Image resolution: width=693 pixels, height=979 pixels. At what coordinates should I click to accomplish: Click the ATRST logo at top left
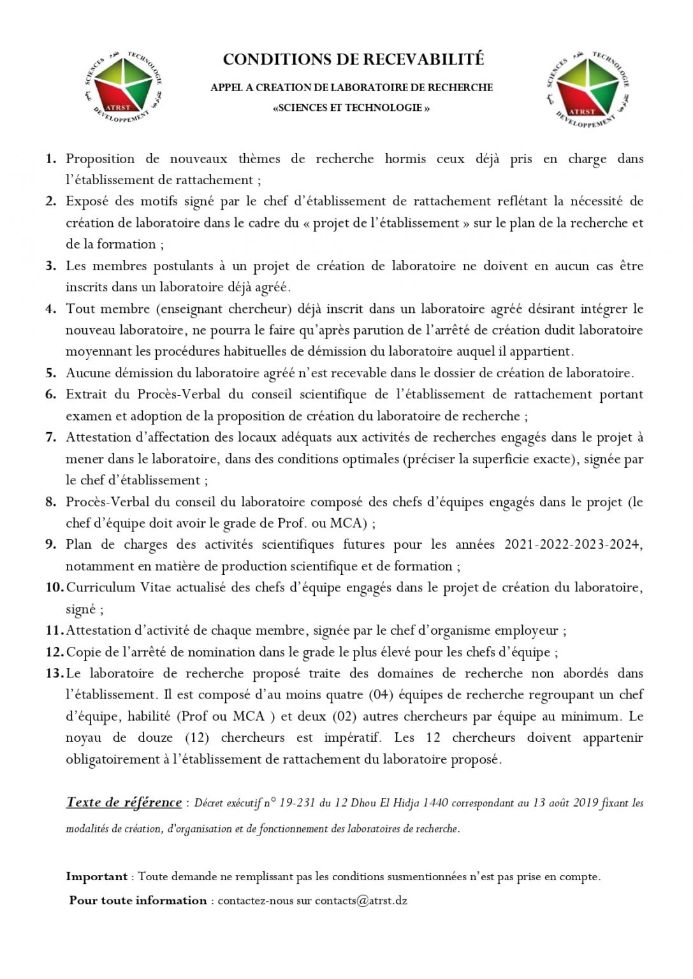(122, 87)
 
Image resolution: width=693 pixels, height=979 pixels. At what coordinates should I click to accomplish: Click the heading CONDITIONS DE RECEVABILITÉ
(353, 59)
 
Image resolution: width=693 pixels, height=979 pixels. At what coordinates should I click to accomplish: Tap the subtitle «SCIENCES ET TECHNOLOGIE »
(351, 108)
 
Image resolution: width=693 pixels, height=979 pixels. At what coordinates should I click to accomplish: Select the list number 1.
(51, 159)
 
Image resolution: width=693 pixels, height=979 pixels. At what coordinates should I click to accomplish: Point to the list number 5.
(51, 373)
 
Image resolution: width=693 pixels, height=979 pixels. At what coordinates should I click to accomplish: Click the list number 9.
(51, 544)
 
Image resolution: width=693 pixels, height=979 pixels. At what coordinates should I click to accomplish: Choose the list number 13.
(54, 673)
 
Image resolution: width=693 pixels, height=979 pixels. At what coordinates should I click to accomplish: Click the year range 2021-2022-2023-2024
(573, 544)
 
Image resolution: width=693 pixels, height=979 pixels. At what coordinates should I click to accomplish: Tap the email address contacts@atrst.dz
(361, 901)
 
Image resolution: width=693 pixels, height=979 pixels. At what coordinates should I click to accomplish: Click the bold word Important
(96, 876)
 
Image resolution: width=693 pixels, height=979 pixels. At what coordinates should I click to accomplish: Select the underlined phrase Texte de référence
(124, 802)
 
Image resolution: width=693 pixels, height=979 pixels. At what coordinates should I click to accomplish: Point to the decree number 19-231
(298, 803)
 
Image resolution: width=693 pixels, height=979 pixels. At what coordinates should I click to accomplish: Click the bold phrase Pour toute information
(138, 901)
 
